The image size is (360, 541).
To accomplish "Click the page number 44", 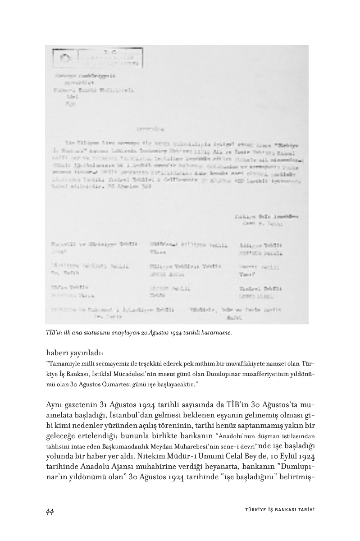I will [50, 511].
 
